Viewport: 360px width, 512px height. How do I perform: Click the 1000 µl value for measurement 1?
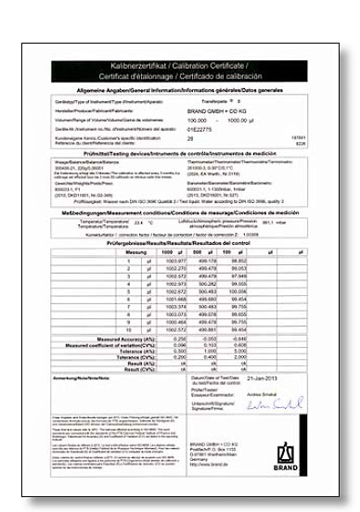[176, 262]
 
